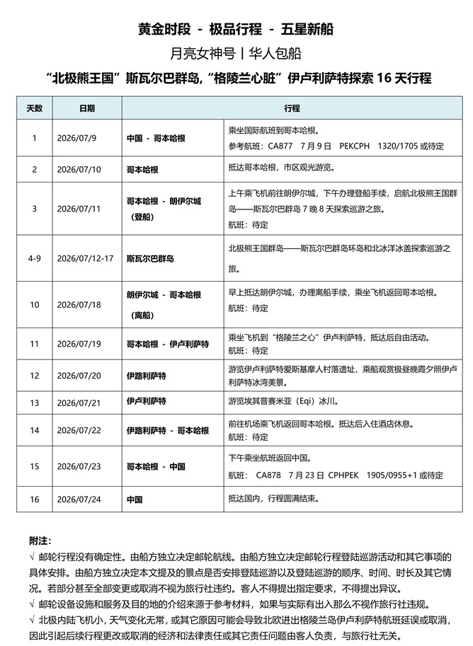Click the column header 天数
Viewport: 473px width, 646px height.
(x=34, y=109)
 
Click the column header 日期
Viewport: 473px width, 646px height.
(x=87, y=109)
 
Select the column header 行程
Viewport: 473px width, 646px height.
(x=292, y=109)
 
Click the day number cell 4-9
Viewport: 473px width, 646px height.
(x=34, y=258)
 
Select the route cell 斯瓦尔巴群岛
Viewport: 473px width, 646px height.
(x=150, y=258)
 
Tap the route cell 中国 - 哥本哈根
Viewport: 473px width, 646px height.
(x=156, y=138)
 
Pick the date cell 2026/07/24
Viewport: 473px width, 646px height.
(x=79, y=499)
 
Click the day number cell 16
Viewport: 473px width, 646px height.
(x=34, y=499)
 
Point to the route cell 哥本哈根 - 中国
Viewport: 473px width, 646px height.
(x=156, y=466)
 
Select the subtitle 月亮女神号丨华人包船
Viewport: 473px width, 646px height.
(x=236, y=52)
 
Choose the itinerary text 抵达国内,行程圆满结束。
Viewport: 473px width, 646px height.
(x=275, y=499)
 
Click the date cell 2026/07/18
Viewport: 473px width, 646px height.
(x=79, y=304)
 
